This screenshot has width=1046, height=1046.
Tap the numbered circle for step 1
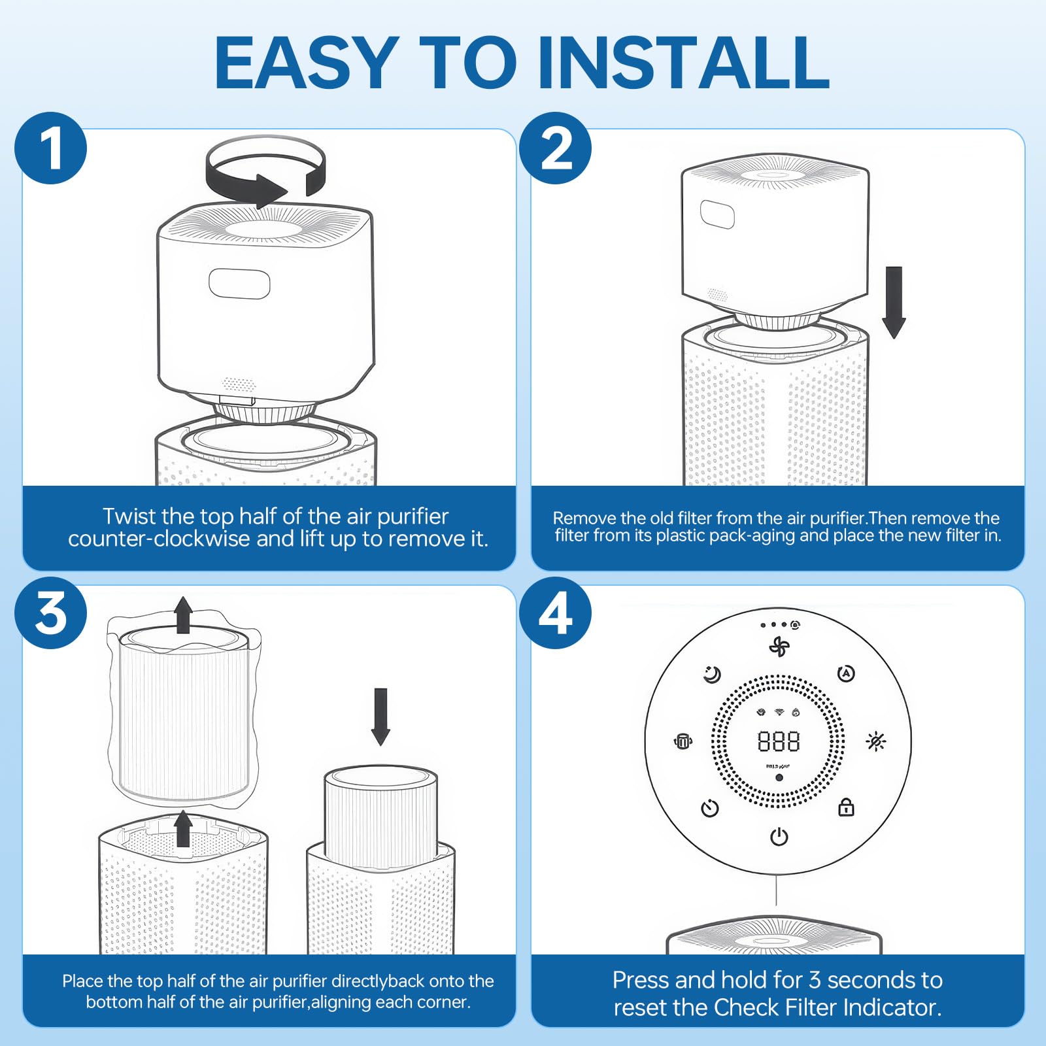point(51,148)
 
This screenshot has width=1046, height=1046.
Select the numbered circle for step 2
point(556,148)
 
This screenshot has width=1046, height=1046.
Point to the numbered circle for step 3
point(51,613)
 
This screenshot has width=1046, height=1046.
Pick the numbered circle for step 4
point(556,613)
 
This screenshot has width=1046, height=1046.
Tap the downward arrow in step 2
point(894,302)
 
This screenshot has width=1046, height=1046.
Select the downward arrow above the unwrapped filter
point(380,717)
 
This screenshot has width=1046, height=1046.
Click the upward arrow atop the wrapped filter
point(183,615)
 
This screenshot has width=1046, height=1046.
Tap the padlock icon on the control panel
point(847,807)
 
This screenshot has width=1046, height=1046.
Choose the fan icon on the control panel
point(779,647)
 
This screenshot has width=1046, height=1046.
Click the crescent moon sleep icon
point(712,674)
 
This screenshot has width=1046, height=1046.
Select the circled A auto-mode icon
point(847,673)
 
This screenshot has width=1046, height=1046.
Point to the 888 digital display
point(779,741)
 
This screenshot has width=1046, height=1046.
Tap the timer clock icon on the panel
point(710,808)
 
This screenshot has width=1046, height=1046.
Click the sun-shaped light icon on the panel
point(876,741)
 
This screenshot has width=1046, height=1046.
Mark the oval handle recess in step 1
point(239,283)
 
